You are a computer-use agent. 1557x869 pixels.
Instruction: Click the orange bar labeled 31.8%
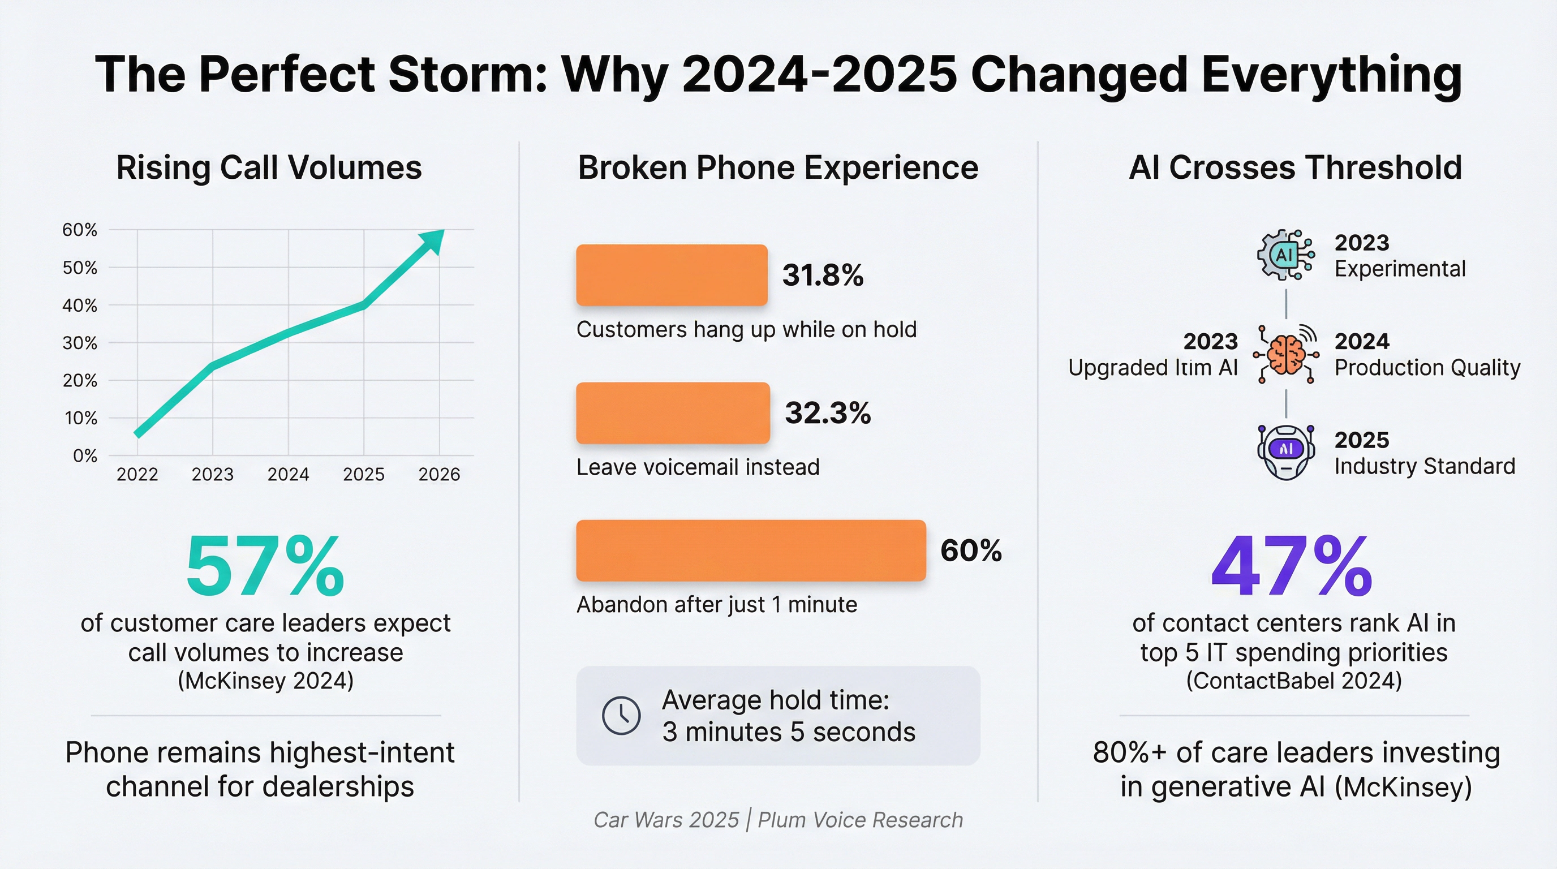672,275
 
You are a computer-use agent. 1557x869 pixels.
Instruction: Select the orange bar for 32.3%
673,413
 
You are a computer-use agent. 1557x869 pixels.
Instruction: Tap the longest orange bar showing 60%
751,550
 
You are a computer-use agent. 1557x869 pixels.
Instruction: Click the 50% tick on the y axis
80,268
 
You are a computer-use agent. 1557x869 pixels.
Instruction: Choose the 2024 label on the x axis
289,474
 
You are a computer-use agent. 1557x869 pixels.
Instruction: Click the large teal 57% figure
265,567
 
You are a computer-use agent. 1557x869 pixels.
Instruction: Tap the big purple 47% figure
1292,567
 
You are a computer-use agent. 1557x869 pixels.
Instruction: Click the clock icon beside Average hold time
621,716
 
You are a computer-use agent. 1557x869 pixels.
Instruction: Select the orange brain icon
1285,355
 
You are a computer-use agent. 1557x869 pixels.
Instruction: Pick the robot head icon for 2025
1285,452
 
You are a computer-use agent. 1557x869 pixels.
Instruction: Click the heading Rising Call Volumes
269,167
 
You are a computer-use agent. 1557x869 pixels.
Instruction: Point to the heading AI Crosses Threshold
1295,167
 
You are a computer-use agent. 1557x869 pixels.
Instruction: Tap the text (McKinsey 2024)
265,681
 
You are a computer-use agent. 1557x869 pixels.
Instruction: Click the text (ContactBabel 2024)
1293,681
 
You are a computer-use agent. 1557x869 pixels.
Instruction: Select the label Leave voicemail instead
698,467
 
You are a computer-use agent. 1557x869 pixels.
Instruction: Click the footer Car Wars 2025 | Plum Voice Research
778,820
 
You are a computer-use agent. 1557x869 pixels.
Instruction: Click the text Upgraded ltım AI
1152,367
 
